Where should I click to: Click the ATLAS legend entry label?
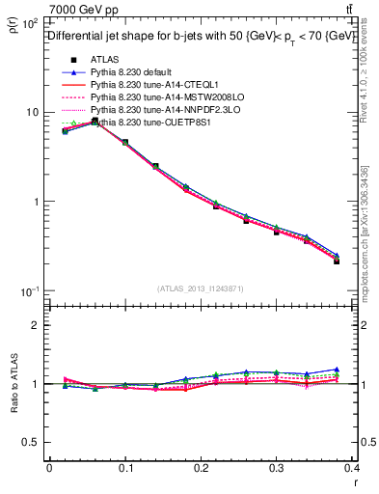tap(104, 60)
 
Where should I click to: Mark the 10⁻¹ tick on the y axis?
tap(29, 291)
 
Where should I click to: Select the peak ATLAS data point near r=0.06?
tap(95, 122)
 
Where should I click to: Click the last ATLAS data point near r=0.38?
tap(337, 261)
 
